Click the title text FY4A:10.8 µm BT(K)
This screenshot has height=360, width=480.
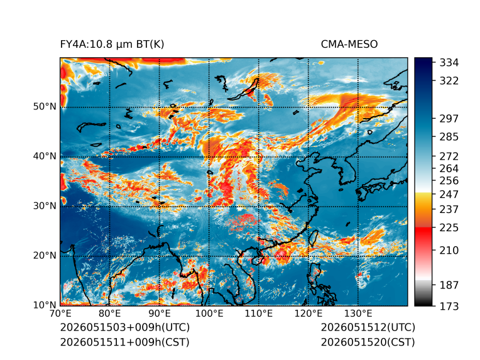click(x=112, y=45)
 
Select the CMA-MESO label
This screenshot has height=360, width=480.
click(x=349, y=45)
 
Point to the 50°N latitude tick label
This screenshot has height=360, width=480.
click(x=45, y=107)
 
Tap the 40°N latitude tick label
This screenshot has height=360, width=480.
click(x=45, y=156)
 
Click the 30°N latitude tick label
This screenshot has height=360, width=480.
click(x=45, y=206)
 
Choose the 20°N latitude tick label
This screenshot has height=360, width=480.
click(x=45, y=256)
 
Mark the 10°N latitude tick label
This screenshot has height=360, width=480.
click(x=45, y=305)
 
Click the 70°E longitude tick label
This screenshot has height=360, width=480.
click(x=60, y=314)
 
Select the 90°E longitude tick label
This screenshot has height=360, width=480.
click(x=160, y=314)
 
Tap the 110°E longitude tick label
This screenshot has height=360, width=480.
click(x=259, y=314)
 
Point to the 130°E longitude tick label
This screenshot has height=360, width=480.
click(x=358, y=314)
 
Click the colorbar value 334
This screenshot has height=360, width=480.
click(x=449, y=63)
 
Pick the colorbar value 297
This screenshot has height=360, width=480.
click(x=449, y=119)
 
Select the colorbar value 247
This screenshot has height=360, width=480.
click(x=449, y=194)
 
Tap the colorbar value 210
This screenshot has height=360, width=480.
click(x=449, y=251)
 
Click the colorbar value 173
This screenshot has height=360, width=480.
click(x=449, y=306)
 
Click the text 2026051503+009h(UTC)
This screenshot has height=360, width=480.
click(x=125, y=327)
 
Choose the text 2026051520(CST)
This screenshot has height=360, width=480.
click(x=368, y=342)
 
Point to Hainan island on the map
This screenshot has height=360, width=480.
click(x=257, y=261)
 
